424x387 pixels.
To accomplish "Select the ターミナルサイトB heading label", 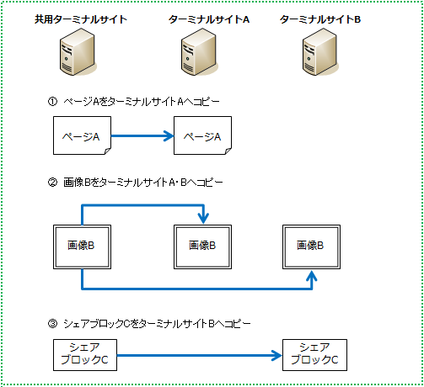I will click(x=319, y=19).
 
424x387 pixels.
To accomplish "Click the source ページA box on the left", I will click(x=82, y=135).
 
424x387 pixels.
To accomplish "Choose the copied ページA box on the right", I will click(x=202, y=135).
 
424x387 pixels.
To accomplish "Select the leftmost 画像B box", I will click(x=81, y=246).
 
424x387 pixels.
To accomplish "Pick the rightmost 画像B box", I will click(x=312, y=246).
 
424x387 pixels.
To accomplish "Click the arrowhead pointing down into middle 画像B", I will click(x=202, y=220).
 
